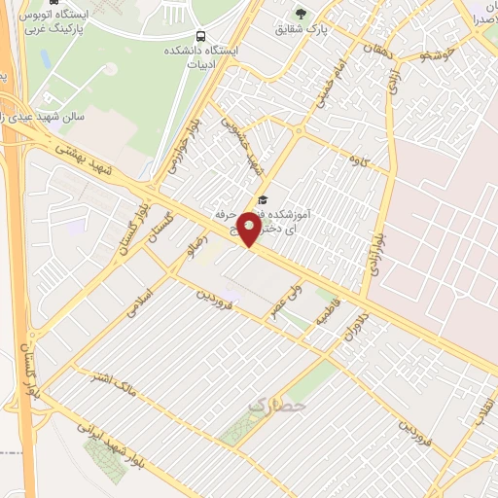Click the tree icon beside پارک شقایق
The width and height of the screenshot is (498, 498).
pyautogui.click(x=301, y=14)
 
